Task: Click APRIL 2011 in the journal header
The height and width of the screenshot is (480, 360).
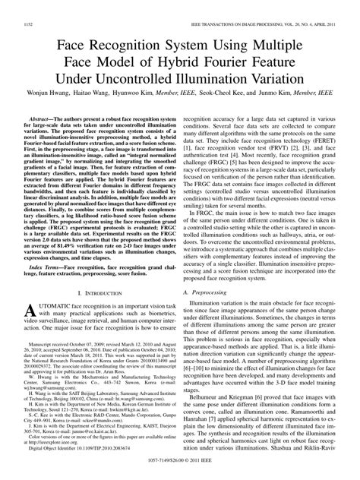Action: (x=330, y=6)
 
